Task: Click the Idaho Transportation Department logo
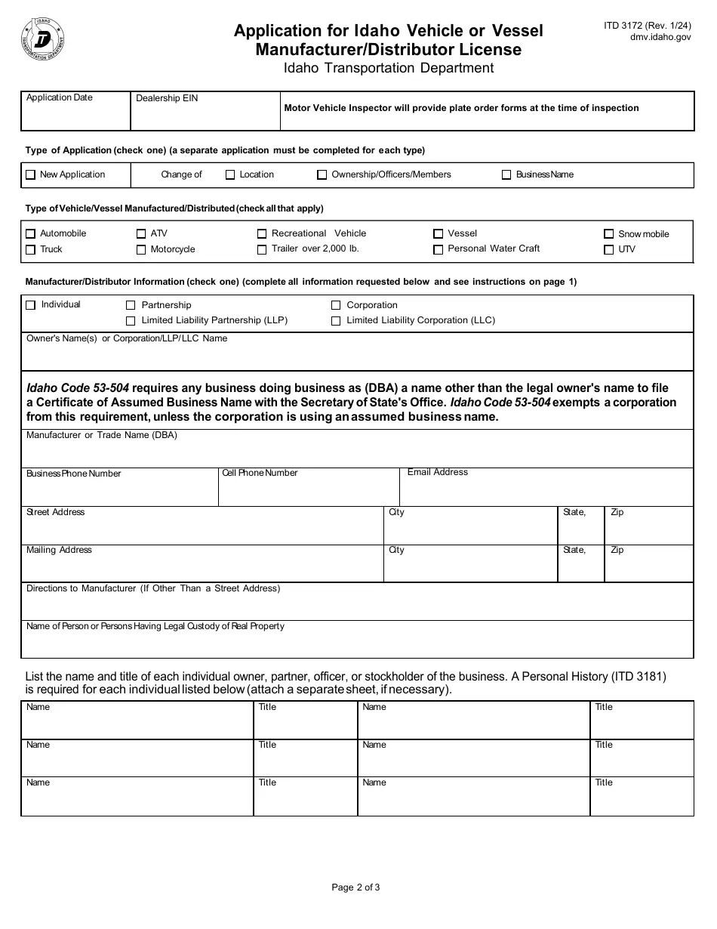[x=43, y=39]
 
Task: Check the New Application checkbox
[x=31, y=174]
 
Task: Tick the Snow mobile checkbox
[x=609, y=234]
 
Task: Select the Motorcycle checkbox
[x=141, y=250]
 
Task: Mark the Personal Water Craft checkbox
[x=439, y=249]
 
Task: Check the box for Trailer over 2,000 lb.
[x=262, y=249]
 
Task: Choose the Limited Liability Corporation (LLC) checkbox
[x=336, y=321]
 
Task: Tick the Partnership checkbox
[x=131, y=305]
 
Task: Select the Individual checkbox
[x=31, y=305]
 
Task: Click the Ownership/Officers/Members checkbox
[x=322, y=174]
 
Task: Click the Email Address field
[x=546, y=491]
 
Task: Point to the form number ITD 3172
[x=648, y=25]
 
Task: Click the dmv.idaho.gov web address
[x=660, y=36]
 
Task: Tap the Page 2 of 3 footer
[x=356, y=887]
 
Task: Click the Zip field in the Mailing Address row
[x=648, y=568]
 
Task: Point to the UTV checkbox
[x=609, y=250]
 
